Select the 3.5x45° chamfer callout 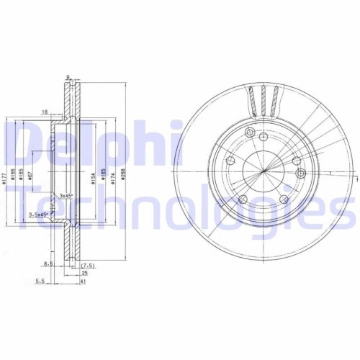(x=38, y=215)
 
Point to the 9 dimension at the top (x=66, y=77)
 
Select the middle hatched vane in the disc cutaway (x=264, y=99)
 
